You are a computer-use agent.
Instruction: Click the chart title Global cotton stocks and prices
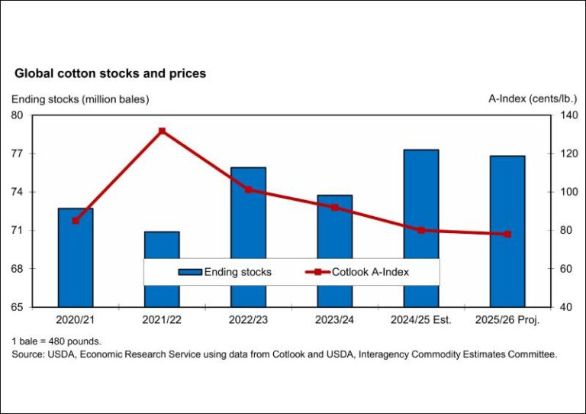(x=111, y=74)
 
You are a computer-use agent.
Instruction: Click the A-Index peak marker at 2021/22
(x=162, y=131)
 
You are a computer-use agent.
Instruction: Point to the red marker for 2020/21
(x=76, y=221)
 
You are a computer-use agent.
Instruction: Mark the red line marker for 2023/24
(x=334, y=207)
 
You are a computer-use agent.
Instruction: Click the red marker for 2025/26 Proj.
(x=507, y=234)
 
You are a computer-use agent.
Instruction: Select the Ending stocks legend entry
(x=225, y=272)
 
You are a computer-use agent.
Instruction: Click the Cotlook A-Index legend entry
(x=359, y=272)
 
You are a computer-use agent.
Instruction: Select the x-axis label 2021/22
(x=162, y=320)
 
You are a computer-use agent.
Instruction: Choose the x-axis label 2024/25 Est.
(x=420, y=320)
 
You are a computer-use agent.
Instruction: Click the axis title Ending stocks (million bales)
(x=79, y=99)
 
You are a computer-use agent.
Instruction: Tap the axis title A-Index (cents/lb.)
(x=531, y=99)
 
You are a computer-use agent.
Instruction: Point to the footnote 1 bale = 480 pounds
(x=56, y=341)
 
